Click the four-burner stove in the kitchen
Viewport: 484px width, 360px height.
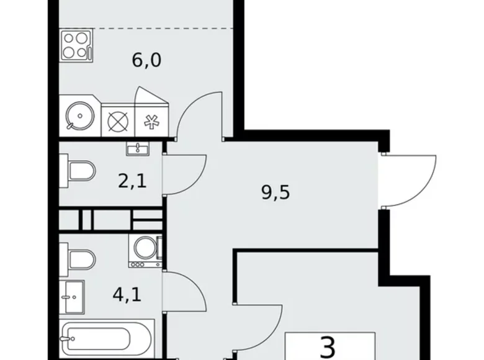coord(76,45)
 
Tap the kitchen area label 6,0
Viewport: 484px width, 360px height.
coord(146,60)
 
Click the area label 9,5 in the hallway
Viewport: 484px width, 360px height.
coord(276,192)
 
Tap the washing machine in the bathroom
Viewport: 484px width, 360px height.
coord(145,251)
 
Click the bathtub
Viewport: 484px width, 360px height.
coord(99,339)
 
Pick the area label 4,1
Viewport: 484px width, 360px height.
coord(127,292)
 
